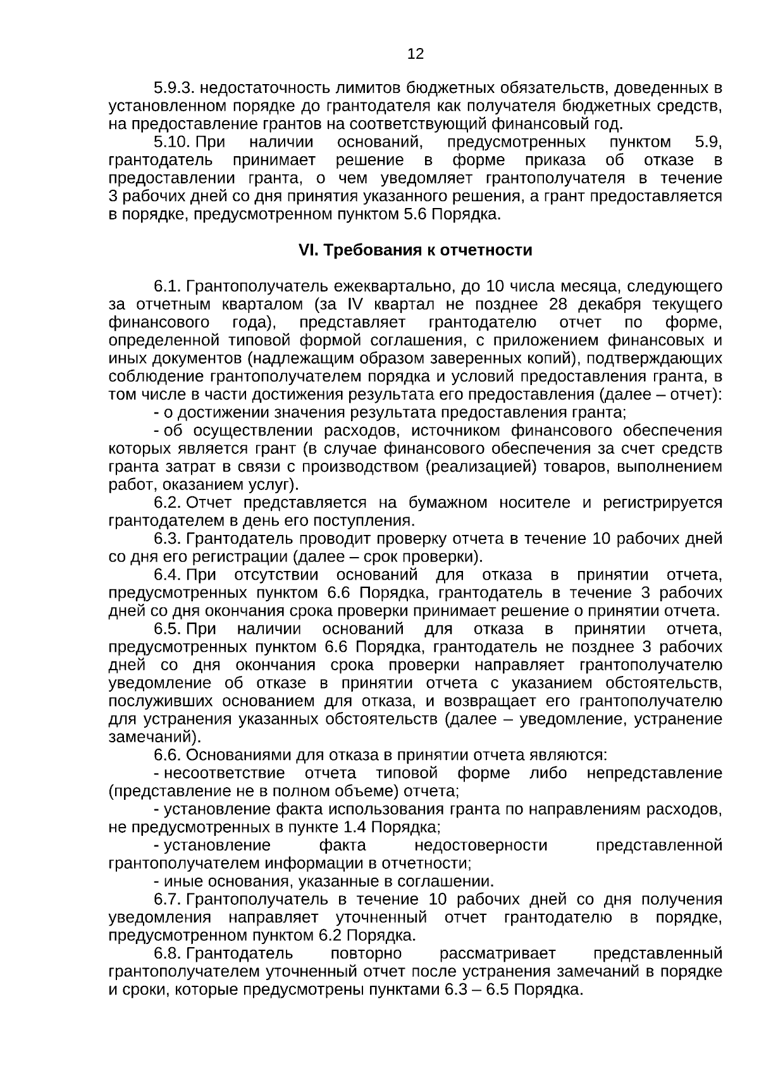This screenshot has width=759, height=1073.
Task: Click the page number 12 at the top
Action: click(x=416, y=54)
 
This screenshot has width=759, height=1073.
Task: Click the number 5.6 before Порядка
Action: click(x=414, y=214)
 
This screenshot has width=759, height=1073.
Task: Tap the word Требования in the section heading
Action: click(x=362, y=250)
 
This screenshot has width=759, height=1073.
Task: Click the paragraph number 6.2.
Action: click(x=168, y=503)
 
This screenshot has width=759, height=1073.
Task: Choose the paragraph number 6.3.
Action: click(x=168, y=539)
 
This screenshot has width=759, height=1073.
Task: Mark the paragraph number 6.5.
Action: click(x=168, y=629)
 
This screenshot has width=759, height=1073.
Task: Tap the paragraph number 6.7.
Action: click(x=168, y=899)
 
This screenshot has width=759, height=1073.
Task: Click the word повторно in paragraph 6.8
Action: click(x=366, y=953)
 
